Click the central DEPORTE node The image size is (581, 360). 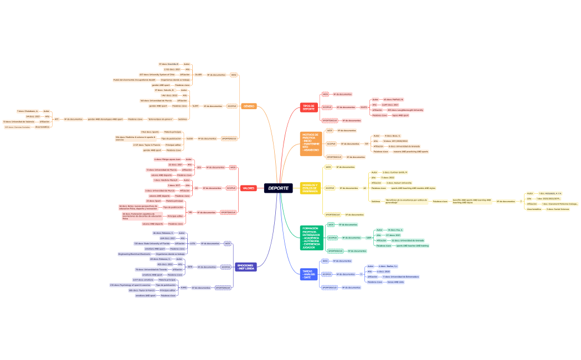pyautogui.click(x=278, y=188)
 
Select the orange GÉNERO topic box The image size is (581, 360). pyautogui.click(x=249, y=106)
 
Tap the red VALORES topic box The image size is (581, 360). pyautogui.click(x=249, y=188)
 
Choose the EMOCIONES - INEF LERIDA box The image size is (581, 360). pyautogui.click(x=245, y=267)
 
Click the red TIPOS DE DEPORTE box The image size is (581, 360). pyautogui.click(x=309, y=107)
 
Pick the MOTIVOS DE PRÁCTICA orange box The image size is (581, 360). pyautogui.click(x=311, y=143)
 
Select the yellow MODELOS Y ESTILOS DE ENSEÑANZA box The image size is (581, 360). pyautogui.click(x=310, y=188)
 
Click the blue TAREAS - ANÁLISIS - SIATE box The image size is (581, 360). pyautogui.click(x=309, y=274)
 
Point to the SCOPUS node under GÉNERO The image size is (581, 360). pyautogui.click(x=232, y=106)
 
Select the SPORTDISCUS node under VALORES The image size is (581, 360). pyautogui.click(x=228, y=212)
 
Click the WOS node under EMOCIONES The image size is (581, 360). pyautogui.click(x=227, y=243)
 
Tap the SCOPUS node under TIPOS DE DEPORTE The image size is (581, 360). pyautogui.click(x=327, y=107)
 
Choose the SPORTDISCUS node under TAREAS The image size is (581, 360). pyautogui.click(x=330, y=287)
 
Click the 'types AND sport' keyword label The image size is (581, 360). pyautogui.click(x=400, y=115)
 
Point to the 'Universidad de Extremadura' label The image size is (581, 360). pyautogui.click(x=402, y=276)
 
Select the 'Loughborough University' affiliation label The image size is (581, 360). pyautogui.click(x=405, y=110)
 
